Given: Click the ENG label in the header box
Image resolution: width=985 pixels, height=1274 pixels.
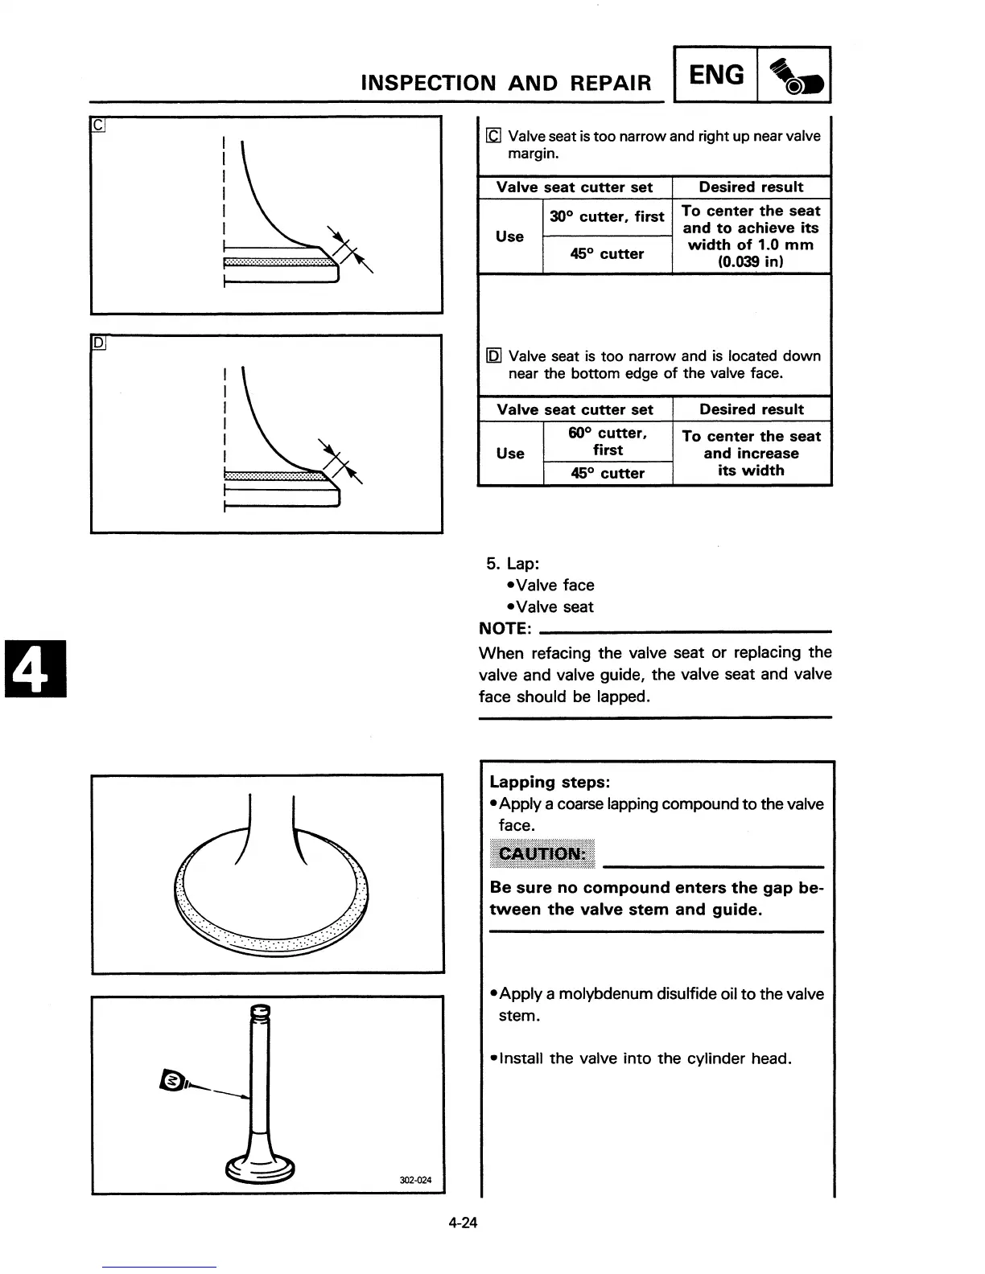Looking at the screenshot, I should [716, 75].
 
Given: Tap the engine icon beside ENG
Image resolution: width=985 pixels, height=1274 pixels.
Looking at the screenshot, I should [794, 76].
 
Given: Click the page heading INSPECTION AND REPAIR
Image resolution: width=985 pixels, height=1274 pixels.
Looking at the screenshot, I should [506, 83].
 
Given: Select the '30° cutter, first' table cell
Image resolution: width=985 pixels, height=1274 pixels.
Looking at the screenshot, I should [607, 216].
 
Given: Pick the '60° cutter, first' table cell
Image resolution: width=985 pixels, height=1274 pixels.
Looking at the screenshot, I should [608, 441].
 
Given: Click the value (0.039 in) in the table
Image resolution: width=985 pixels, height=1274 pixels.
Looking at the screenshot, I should [751, 262].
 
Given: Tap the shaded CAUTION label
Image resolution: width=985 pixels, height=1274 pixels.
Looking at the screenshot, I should [542, 853].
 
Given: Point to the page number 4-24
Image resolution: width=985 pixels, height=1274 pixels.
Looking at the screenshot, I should [464, 1223].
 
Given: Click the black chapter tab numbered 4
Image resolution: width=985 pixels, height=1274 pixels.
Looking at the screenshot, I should [34, 668].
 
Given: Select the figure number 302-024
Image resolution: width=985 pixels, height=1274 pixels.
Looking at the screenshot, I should [415, 1180].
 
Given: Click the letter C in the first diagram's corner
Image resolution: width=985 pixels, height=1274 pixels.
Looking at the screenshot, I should [97, 125].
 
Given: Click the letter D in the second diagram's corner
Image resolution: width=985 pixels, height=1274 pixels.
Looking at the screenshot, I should [97, 343].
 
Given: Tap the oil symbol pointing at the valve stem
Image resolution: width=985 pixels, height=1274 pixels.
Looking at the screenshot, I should [173, 1079].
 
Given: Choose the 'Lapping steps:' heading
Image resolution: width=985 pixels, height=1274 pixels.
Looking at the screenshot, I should [550, 782].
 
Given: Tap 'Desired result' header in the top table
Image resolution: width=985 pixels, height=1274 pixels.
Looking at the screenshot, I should [751, 187].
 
